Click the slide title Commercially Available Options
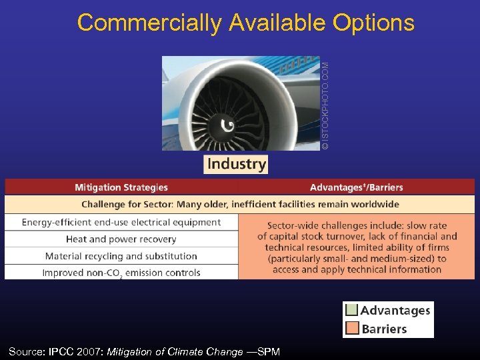pos(245,23)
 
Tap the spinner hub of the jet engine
pos(225,125)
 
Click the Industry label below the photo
pos(236,164)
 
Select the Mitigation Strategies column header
pos(121,187)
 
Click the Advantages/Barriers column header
pos(356,187)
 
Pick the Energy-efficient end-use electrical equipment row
pos(121,222)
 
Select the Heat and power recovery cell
pos(121,239)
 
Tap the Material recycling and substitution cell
pos(121,256)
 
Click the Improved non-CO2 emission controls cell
pos(121,273)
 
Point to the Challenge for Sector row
pos(240,204)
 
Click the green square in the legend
pos(351,311)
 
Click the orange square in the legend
pos(351,329)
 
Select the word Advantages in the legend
pos(395,311)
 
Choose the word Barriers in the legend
pos(384,329)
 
